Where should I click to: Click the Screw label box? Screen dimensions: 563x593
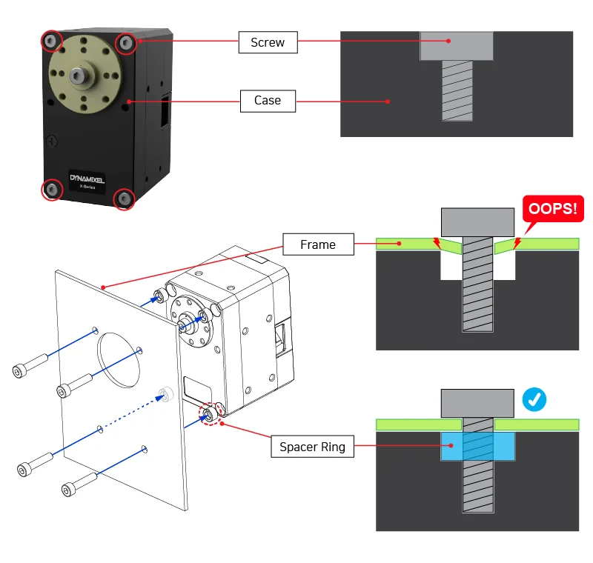268,42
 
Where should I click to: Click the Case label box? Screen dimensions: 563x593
268,100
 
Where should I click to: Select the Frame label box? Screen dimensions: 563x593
317,244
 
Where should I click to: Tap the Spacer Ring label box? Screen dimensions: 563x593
312,447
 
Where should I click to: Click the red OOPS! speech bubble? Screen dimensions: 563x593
549,209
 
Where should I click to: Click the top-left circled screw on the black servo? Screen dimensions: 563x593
51,41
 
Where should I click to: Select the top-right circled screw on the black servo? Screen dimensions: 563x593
125,43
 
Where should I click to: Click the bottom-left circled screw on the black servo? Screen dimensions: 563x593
52,190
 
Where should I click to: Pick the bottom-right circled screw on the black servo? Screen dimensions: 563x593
124,199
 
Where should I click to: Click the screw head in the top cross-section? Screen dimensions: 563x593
457,45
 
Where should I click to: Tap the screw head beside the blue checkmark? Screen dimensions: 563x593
477,403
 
